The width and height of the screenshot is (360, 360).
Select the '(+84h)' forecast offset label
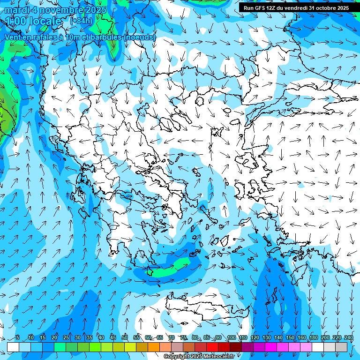81,21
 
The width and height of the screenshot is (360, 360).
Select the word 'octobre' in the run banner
325,8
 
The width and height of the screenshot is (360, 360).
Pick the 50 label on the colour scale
125,338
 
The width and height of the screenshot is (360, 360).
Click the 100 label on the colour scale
231,338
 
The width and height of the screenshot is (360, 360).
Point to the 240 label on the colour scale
348,338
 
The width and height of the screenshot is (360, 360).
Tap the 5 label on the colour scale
18,338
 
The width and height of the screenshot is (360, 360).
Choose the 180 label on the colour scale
313,338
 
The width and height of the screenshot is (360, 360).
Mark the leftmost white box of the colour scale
13,347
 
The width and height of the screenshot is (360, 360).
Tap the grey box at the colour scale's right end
342,347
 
